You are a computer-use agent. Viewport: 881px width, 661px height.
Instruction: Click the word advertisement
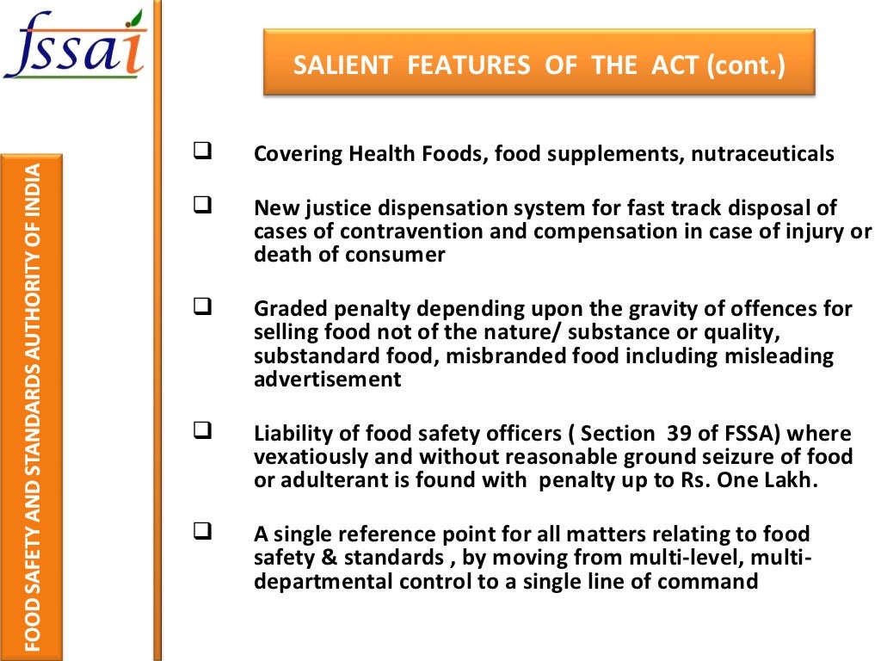point(327,380)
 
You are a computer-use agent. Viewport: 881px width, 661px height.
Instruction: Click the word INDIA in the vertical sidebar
point(31,189)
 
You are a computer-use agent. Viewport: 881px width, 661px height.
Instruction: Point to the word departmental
point(323,581)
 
